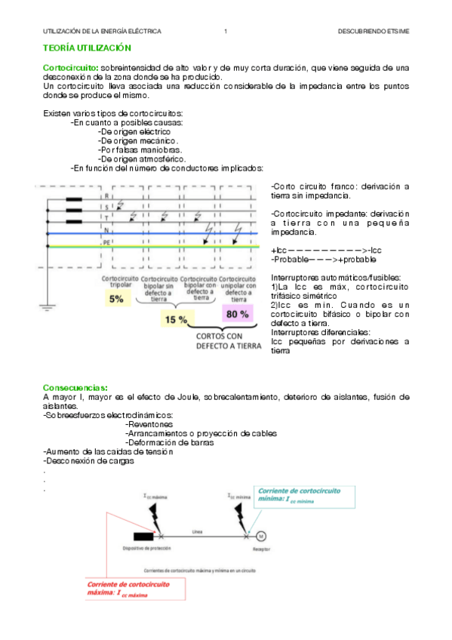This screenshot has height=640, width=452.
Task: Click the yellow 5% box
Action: (116, 299)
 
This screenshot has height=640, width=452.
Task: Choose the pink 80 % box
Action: (238, 313)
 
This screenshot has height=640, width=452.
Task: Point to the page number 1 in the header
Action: (226, 31)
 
